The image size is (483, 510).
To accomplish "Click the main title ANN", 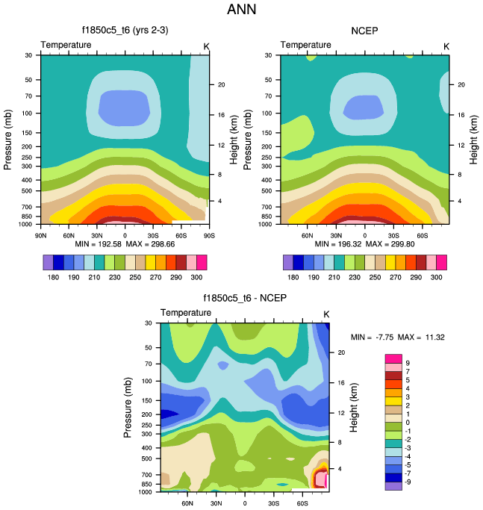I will [x=242, y=10].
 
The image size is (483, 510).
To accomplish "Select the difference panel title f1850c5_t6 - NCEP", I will [x=245, y=299].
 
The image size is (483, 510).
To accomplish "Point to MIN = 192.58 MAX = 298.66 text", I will [x=124, y=243].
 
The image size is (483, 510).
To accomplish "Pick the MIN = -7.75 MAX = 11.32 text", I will [x=399, y=337].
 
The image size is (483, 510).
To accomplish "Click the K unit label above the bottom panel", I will [x=325, y=313].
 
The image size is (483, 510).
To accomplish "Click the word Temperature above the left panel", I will [x=66, y=45].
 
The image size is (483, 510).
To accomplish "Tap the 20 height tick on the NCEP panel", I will [x=461, y=84].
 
